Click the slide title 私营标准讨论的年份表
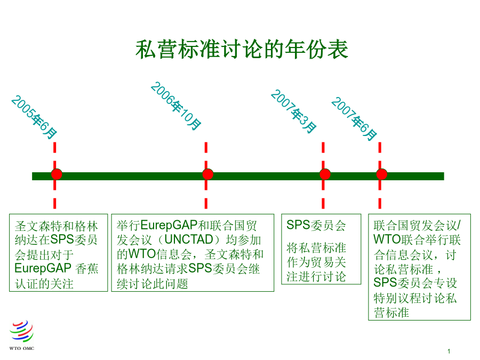tap(242, 49)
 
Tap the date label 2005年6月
tap(34, 117)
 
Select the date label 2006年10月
tap(175, 106)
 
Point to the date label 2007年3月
tap(293, 111)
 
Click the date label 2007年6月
tap(354, 119)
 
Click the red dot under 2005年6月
tap(57, 174)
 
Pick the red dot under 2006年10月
tap(208, 174)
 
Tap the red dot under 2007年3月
tap(325, 174)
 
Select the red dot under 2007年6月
tap(382, 174)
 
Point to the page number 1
tap(449, 351)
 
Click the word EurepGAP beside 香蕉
tap(43, 268)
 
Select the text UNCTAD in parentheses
tap(189, 239)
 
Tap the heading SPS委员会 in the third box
tap(316, 225)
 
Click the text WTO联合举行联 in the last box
tap(417, 239)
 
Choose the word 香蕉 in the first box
tap(87, 269)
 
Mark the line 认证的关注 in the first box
tap(44, 284)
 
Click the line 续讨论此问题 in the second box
tap(152, 284)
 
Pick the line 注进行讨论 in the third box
tap(316, 276)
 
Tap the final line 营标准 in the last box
tap(391, 313)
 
